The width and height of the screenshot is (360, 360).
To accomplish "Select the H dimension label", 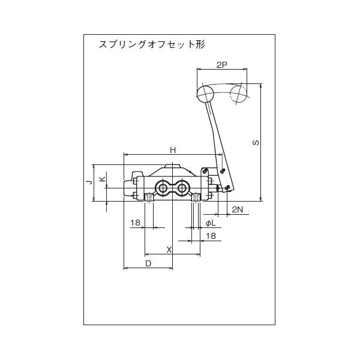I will [172, 150].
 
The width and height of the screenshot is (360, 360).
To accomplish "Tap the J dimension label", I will [88, 181].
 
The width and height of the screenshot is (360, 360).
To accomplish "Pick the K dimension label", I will [102, 179].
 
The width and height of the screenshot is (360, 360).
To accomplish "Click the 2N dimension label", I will [238, 209].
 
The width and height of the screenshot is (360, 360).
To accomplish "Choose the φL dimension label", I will [210, 223].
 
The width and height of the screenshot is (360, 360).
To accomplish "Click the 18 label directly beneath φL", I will [211, 236].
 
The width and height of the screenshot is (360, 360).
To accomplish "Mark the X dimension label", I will [169, 249].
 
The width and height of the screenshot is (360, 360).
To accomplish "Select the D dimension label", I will [148, 263].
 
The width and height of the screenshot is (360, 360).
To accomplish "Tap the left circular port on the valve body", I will [162, 189].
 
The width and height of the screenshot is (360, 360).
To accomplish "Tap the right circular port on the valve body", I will [181, 189].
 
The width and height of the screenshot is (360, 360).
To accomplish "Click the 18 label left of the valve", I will [135, 223].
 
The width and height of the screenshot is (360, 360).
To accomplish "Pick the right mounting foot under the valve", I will [195, 197].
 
